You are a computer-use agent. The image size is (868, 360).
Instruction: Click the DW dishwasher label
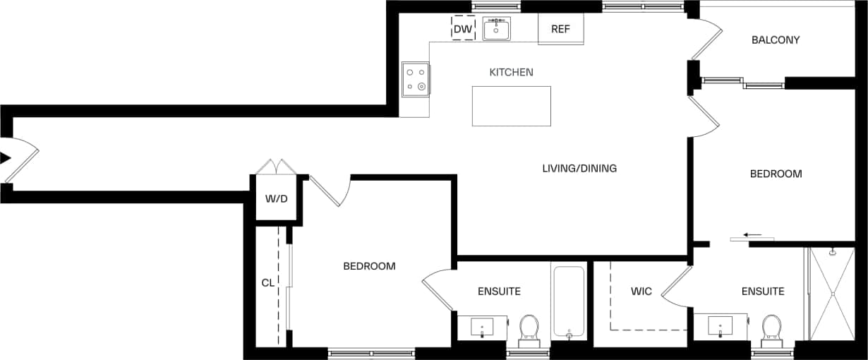pyautogui.click(x=463, y=29)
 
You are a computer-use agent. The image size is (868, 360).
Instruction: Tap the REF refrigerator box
pyautogui.click(x=560, y=29)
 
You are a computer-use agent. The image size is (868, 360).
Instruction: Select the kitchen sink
pyautogui.click(x=497, y=30)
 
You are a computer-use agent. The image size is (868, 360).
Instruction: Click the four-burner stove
pyautogui.click(x=415, y=79)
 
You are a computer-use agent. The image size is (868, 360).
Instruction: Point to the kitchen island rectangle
pyautogui.click(x=511, y=106)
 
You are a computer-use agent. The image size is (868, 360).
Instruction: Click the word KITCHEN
pyautogui.click(x=511, y=72)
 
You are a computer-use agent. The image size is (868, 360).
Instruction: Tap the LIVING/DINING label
pyautogui.click(x=579, y=168)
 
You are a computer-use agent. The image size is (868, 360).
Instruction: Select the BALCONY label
pyautogui.click(x=776, y=40)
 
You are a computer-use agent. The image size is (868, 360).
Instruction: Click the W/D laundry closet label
pyautogui.click(x=277, y=198)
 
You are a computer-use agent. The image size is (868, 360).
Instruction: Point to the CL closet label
pyautogui.click(x=267, y=283)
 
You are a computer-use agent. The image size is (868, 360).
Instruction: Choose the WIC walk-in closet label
pyautogui.click(x=641, y=291)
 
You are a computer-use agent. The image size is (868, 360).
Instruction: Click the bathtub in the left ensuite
pyautogui.click(x=568, y=301)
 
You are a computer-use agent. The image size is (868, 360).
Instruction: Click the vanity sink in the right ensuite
pyautogui.click(x=720, y=326)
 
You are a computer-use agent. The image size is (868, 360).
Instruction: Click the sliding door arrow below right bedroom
pyautogui.click(x=752, y=235)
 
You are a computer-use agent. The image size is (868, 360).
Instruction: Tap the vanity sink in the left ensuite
pyautogui.click(x=482, y=327)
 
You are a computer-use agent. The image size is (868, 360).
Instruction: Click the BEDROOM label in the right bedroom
pyautogui.click(x=776, y=174)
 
